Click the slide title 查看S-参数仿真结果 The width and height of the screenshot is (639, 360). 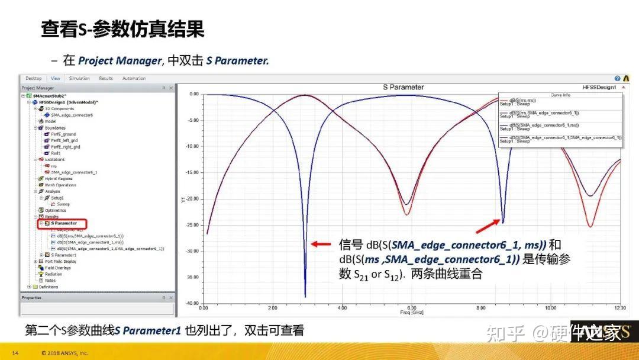(122, 29)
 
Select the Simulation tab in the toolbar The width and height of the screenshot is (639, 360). (79, 78)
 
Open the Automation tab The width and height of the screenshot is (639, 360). (134, 78)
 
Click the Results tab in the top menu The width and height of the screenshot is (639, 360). (106, 78)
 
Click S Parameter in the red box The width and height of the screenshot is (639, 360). (63, 223)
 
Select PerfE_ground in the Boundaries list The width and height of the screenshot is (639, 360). (63, 134)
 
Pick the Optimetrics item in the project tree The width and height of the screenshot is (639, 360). (56, 210)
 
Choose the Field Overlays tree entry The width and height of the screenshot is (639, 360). (59, 268)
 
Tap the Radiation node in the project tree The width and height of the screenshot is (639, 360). (54, 274)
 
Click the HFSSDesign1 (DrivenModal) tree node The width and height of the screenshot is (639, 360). (66, 102)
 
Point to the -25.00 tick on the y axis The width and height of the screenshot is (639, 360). (193, 225)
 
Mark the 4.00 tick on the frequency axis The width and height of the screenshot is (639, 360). (342, 308)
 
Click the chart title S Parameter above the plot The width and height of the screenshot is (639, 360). (404, 87)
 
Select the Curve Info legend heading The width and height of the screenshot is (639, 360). (560, 95)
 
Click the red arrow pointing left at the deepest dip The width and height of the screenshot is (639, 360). (322, 243)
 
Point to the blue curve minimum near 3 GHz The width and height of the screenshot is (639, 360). (305, 296)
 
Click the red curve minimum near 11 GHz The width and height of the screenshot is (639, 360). (590, 226)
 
